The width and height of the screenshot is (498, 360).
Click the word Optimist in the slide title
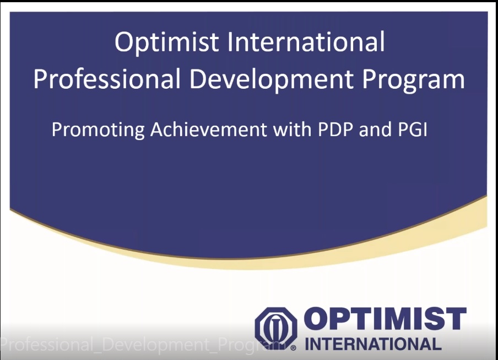click(x=167, y=42)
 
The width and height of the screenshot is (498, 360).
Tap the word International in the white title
click(x=306, y=42)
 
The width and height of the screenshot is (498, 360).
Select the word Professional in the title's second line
click(x=107, y=78)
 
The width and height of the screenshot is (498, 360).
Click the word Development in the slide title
click(x=272, y=80)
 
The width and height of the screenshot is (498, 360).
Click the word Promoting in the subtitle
click(x=98, y=130)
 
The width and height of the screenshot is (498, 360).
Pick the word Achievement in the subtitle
click(x=209, y=130)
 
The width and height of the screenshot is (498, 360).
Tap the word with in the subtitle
click(x=292, y=130)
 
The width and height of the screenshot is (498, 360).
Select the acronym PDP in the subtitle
click(x=335, y=130)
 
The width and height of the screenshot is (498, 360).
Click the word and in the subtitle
click(x=375, y=130)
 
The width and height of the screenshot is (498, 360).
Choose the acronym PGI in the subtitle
click(x=412, y=130)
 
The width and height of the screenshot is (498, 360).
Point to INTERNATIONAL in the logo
click(x=373, y=344)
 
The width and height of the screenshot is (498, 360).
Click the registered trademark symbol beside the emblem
click(x=294, y=348)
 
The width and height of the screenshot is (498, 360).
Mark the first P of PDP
click(x=323, y=130)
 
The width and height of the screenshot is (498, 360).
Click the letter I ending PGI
click(x=425, y=130)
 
